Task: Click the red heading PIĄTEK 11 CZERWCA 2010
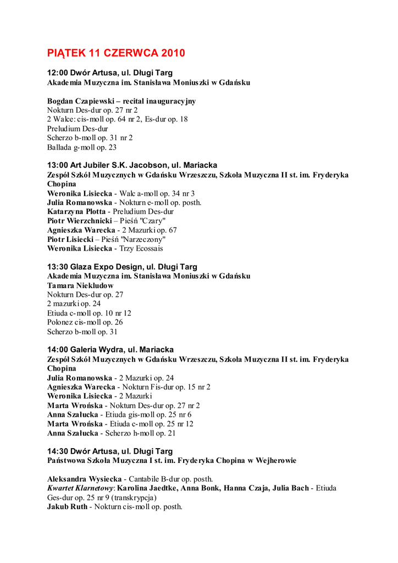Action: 116,53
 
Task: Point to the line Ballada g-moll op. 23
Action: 82,147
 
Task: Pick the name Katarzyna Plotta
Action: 77,211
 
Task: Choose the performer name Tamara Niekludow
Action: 80,285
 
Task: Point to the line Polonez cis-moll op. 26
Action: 85,322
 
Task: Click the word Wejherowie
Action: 270,460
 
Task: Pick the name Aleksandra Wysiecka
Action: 85,479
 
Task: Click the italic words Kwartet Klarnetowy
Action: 81,488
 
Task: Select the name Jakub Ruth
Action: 67,506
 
